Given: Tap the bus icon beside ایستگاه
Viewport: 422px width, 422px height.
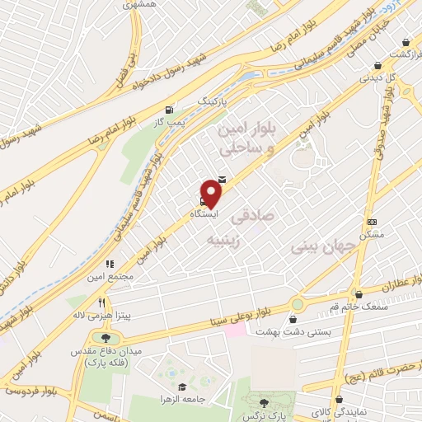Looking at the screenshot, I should pos(203,199).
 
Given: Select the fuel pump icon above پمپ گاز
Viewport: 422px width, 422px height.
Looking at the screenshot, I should pos(170,110).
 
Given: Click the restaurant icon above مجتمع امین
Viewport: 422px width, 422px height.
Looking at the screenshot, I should pos(110,265).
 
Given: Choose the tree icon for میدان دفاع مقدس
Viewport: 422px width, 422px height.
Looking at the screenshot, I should pos(105,338).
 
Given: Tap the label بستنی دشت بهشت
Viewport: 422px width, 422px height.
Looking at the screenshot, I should pos(301,331).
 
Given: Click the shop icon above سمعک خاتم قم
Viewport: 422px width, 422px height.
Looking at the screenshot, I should pos(358,294).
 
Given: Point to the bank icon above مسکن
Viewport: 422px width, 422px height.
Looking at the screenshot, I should pos(372,222).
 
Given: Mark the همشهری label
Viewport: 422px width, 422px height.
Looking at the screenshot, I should pos(138,5).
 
